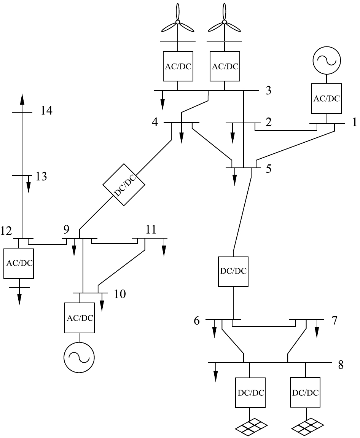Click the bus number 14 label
[x=46, y=111]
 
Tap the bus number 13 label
[x=41, y=177]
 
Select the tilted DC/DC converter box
[x=124, y=184]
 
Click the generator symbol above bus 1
[x=327, y=60]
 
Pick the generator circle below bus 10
[x=79, y=357]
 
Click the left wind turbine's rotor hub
[x=177, y=22]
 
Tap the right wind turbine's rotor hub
[x=224, y=22]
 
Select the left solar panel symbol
[x=250, y=427]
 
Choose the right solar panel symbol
[x=307, y=427]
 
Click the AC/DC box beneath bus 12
[x=19, y=263]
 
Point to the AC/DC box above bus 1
[x=327, y=98]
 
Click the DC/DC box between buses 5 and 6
[x=233, y=271]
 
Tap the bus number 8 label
[x=341, y=365]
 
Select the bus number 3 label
[x=268, y=91]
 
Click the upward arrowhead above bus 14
[x=22, y=99]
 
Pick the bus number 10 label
[x=120, y=294]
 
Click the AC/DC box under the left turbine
[x=178, y=66]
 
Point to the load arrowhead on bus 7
[x=317, y=333]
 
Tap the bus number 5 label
[x=268, y=169]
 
